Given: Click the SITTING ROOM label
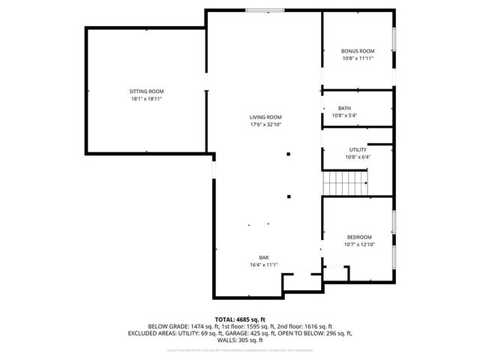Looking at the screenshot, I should coord(145,91).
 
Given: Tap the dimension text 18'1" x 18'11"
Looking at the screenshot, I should coord(145,98).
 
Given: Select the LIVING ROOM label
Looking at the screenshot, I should coord(265,117).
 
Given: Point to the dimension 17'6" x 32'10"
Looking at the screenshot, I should coord(265,124).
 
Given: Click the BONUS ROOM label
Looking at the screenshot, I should coord(358,51).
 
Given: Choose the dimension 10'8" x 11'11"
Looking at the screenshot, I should coord(358,58).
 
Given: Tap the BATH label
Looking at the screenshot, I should coord(344,108).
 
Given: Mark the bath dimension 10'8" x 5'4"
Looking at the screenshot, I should coord(344,115).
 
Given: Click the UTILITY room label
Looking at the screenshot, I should coord(358,149).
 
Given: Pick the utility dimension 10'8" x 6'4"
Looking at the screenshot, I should coord(358,157).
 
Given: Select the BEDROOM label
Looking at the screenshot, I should coord(358,237).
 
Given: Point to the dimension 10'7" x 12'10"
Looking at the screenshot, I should coord(358,244).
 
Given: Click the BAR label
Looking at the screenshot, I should coord(264,257).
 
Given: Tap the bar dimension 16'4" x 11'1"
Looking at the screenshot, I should coord(264,265).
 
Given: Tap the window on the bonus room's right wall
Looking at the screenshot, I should coord(394,39).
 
